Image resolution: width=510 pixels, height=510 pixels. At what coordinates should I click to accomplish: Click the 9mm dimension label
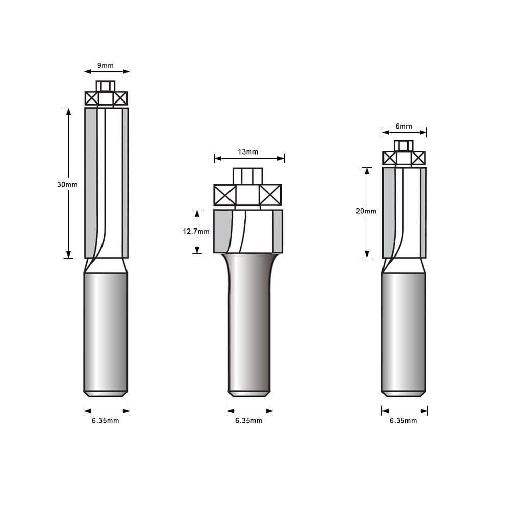(x=106, y=65)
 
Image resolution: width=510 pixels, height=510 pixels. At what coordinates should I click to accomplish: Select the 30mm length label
(x=67, y=184)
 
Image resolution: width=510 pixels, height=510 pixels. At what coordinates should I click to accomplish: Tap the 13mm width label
(x=248, y=151)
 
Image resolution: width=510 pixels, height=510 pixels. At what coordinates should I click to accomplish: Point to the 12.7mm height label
(x=196, y=231)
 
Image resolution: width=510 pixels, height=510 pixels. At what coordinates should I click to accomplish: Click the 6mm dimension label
(x=403, y=126)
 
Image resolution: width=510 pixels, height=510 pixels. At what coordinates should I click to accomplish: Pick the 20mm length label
(x=366, y=211)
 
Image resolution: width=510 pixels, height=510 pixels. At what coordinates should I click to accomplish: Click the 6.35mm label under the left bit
(x=106, y=420)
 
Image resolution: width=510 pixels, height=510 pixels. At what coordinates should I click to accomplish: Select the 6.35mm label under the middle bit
(x=249, y=421)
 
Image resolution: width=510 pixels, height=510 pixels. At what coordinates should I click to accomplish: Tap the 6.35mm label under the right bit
(x=403, y=421)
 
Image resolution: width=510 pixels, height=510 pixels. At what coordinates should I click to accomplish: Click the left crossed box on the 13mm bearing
(x=225, y=195)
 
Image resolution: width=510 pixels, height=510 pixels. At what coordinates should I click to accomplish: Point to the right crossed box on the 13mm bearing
(x=270, y=195)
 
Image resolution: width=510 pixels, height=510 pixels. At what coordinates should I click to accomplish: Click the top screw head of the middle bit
(x=248, y=175)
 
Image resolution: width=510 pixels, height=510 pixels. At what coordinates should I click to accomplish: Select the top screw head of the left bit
(x=106, y=86)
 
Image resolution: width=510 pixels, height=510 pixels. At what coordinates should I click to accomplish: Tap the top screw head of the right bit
(x=404, y=146)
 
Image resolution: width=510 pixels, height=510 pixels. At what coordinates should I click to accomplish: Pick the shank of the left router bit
(x=106, y=331)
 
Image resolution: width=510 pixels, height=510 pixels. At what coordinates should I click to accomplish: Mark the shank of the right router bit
(x=403, y=331)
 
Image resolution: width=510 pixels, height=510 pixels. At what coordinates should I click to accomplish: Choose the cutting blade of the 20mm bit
(x=404, y=212)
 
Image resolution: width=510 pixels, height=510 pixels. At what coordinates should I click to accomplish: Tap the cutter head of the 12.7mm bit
(x=248, y=231)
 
